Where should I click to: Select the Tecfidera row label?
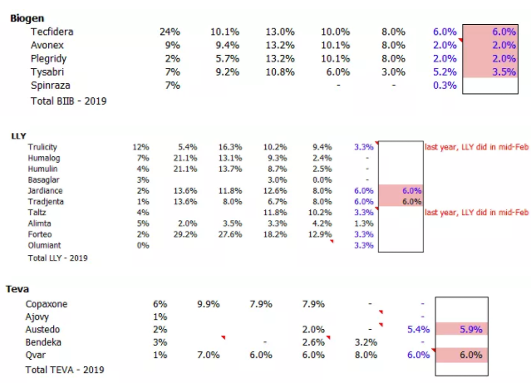point(52,32)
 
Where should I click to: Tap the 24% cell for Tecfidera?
point(170,32)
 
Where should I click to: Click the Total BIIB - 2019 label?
point(68,101)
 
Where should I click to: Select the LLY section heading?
point(17,135)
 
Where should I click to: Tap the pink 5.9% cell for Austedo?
point(470,329)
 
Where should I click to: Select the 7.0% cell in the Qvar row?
point(208,355)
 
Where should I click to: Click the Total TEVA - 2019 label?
point(70,369)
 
